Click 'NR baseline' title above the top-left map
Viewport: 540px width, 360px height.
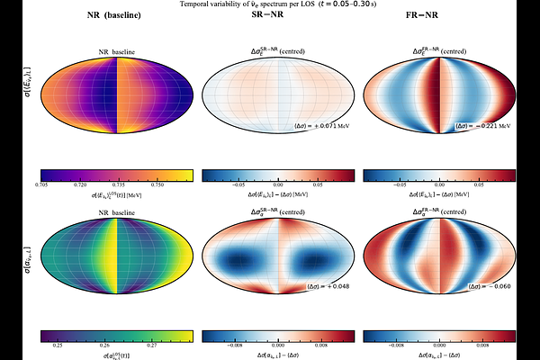coord(117,53)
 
